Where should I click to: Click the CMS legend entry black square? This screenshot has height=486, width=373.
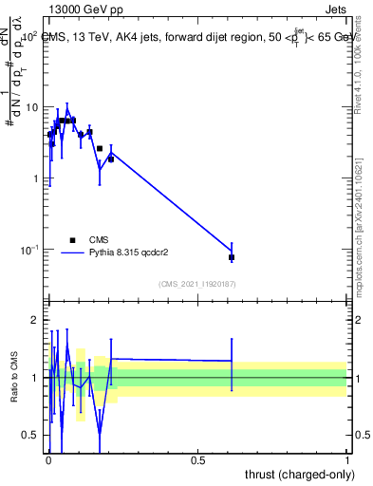pos(72,240)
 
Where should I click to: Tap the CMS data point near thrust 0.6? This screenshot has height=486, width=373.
pos(232,257)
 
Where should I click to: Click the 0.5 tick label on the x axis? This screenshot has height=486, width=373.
pos(197,459)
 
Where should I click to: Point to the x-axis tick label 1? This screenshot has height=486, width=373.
pos(346,459)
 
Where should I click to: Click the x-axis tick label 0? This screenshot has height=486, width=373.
pos(47,459)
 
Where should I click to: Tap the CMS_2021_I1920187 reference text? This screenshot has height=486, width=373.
pos(196,284)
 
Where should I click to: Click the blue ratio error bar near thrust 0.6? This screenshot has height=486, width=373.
pos(232,364)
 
